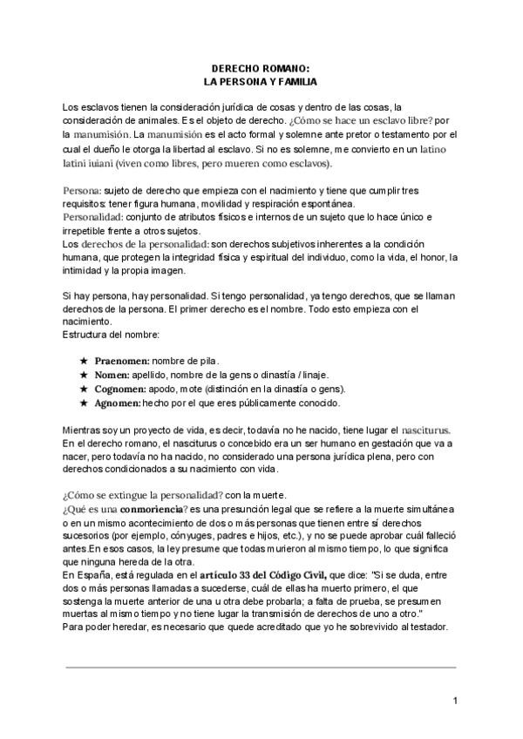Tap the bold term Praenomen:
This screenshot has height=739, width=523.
coord(122,360)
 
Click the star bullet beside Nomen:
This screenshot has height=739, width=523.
coord(84,375)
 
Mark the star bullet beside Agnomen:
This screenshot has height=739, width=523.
coord(84,403)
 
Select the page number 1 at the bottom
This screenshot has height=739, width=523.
coord(456,702)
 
